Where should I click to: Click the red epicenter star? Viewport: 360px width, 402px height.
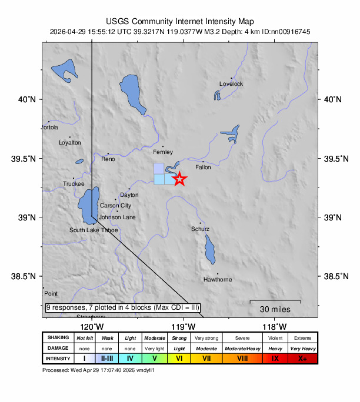[179, 179]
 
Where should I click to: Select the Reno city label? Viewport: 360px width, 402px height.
[108, 159]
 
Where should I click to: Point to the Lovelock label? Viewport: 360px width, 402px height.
[231, 84]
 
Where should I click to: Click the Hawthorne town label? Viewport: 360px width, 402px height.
[218, 279]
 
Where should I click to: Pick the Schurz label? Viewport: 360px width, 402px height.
[201, 229]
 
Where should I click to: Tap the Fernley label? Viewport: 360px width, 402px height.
[163, 152]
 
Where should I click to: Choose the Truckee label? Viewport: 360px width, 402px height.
[74, 184]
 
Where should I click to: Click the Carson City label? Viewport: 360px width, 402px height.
[115, 206]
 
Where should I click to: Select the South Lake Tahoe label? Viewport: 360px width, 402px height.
[94, 230]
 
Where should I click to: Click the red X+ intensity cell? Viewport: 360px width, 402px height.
[302, 358]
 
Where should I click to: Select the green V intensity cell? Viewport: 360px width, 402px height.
[154, 358]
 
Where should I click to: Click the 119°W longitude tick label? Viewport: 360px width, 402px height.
[183, 327]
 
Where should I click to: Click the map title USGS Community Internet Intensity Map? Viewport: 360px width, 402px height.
[180, 20]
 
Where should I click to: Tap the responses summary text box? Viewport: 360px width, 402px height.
[123, 307]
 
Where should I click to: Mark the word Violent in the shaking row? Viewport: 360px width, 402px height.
[275, 337]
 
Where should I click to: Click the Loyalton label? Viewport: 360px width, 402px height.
[70, 143]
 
